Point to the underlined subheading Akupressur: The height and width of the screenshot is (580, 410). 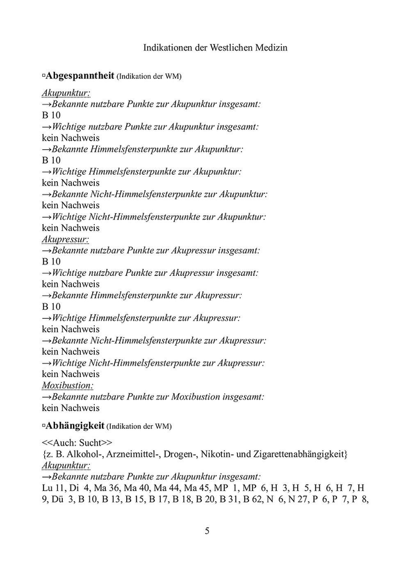coord(65,239)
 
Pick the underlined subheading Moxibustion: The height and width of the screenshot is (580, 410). coord(67,385)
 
